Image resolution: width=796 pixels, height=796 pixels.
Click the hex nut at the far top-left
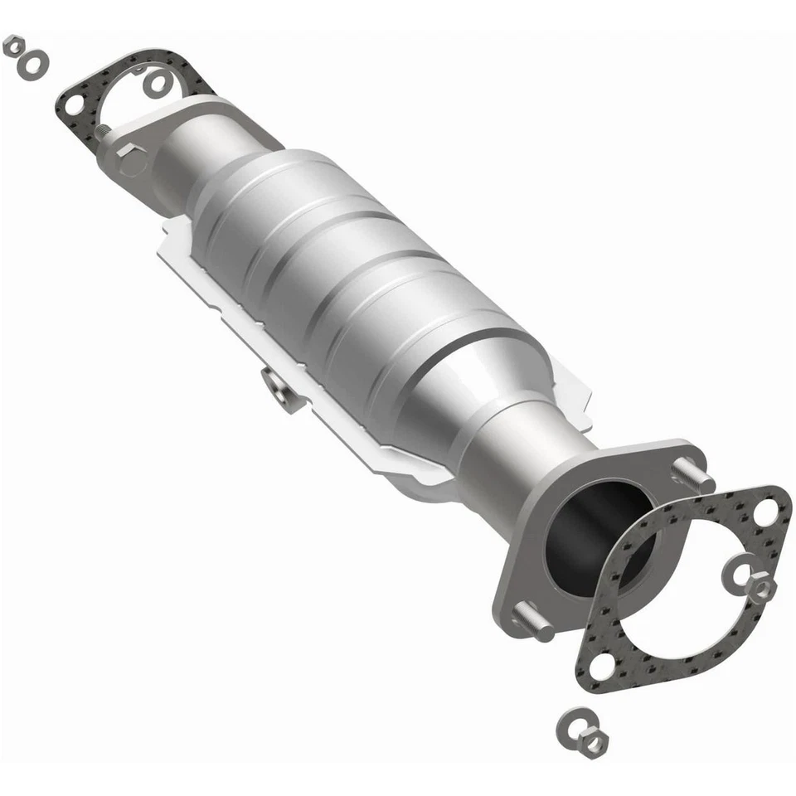pyautogui.click(x=14, y=45)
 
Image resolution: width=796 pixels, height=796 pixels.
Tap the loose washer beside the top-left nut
pyautogui.click(x=34, y=61)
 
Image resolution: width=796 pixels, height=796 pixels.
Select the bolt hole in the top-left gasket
pyautogui.click(x=74, y=105)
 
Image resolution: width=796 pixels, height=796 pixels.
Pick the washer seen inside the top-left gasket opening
pyautogui.click(x=157, y=82)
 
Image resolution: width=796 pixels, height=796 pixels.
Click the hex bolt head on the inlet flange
pyautogui.click(x=131, y=159)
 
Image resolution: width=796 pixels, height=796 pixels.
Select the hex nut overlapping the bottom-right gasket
pyautogui.click(x=760, y=588)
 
